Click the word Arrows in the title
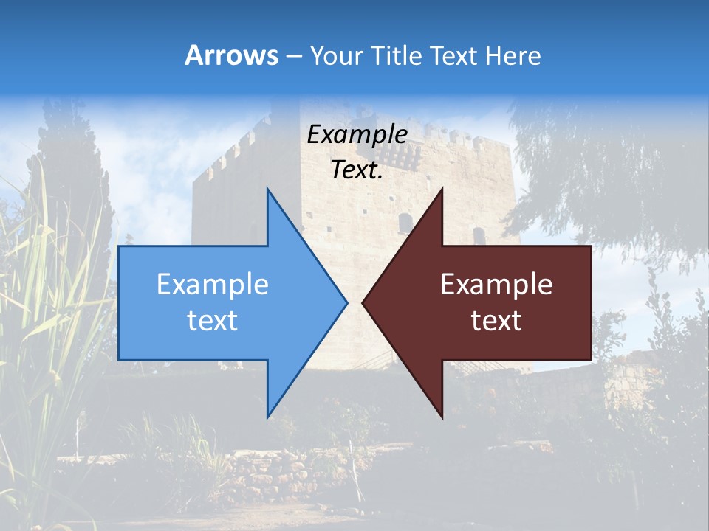(231, 55)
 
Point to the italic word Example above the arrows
(357, 135)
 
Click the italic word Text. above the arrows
(357, 170)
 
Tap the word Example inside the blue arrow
(213, 285)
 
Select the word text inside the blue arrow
(213, 321)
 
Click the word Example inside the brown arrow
(496, 285)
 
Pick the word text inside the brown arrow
(496, 321)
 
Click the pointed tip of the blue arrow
(346, 302)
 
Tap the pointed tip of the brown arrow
(363, 302)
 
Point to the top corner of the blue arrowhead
(267, 189)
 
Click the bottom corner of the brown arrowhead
(442, 417)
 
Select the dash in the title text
(293, 57)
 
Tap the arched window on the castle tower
(405, 222)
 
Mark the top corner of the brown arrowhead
(442, 189)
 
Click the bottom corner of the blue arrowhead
(267, 417)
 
